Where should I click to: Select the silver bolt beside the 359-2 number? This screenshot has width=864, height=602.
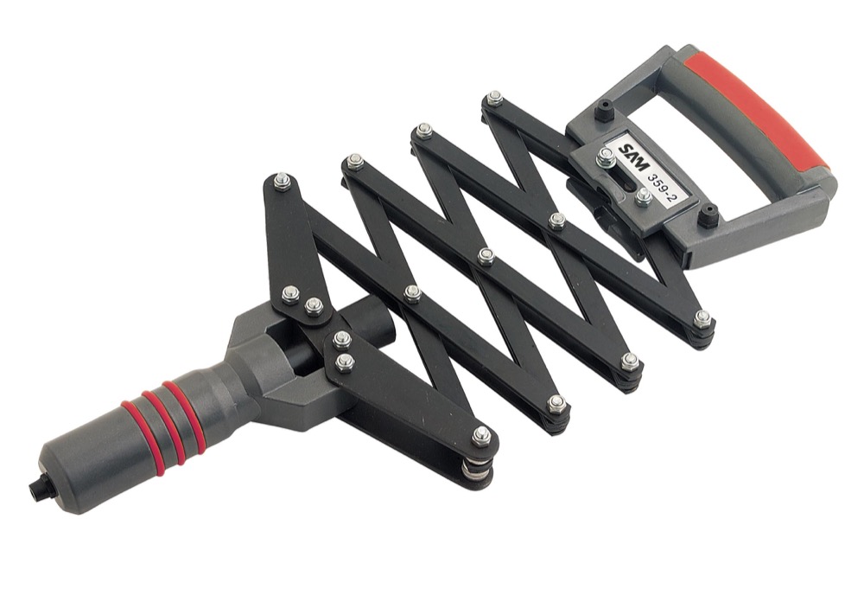pos(644,198)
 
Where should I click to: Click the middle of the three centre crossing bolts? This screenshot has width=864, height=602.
pos(486,256)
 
